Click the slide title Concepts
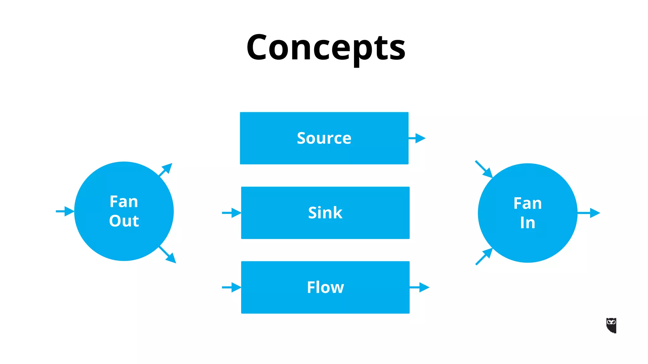tap(326, 47)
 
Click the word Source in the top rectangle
tap(324, 138)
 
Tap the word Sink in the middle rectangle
tap(325, 213)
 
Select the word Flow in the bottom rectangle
tap(325, 287)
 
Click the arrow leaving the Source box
tap(418, 138)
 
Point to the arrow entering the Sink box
tap(232, 213)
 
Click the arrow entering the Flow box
tap(232, 287)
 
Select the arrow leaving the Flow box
tap(420, 287)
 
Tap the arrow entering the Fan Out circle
tap(65, 211)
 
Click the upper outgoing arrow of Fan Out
tap(166, 170)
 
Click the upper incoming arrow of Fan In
tap(484, 169)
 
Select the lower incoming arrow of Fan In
tap(484, 256)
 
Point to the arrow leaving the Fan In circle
tap(589, 213)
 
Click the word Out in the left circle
tap(124, 221)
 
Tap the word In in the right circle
tap(527, 223)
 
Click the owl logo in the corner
tap(611, 325)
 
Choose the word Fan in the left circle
tap(124, 202)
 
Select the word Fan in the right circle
tap(527, 203)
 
